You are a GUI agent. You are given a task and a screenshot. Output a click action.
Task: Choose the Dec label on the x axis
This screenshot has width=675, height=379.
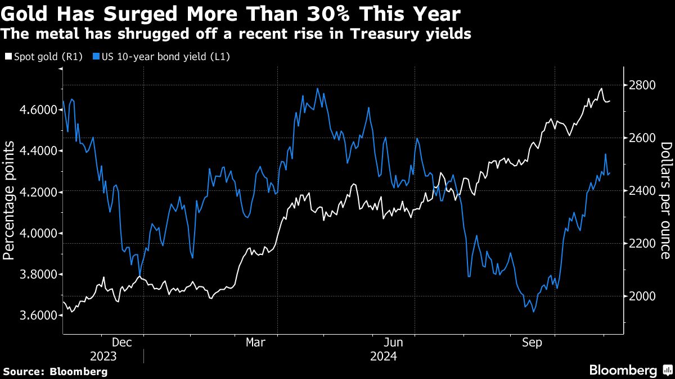tap(122, 342)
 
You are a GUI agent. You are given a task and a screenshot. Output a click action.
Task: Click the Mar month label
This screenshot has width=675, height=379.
tap(256, 342)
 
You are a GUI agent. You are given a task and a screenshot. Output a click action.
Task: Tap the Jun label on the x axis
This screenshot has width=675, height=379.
tap(394, 342)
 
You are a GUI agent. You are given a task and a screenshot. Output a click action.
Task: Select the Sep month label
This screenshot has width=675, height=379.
tap(532, 342)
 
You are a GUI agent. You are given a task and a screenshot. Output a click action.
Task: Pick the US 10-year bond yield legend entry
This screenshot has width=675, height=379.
tap(163, 56)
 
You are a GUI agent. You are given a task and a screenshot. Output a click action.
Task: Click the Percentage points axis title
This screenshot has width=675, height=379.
tap(9, 200)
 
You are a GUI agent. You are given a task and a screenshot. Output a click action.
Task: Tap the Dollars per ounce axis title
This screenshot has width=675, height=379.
tap(667, 200)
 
